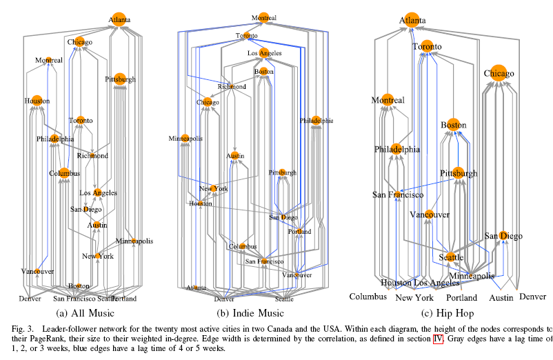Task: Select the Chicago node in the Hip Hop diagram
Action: tap(499, 72)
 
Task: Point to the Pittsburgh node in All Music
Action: tap(120, 79)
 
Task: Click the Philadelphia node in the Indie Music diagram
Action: tap(316, 120)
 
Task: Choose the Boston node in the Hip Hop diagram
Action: tap(453, 125)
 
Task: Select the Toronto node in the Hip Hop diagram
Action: tap(426, 47)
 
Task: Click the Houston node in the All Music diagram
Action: tap(37, 101)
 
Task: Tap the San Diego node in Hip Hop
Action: tap(503, 236)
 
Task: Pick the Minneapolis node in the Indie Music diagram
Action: tap(185, 139)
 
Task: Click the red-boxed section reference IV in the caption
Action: tap(437, 340)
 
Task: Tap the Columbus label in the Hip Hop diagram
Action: tap(368, 297)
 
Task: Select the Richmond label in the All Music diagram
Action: tap(92, 155)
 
